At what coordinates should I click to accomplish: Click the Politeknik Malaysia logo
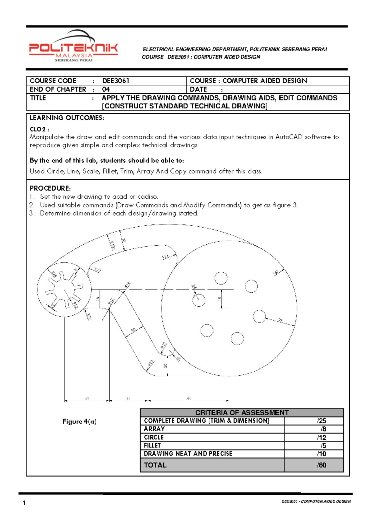click(x=73, y=47)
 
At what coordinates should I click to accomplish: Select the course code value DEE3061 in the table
click(x=115, y=81)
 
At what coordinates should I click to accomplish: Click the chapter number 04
click(x=106, y=89)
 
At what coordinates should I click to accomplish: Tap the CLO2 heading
click(x=39, y=129)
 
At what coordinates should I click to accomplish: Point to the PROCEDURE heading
click(x=50, y=188)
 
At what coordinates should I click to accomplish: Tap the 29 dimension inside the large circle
click(x=280, y=320)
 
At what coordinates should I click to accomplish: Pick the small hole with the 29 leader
click(x=259, y=316)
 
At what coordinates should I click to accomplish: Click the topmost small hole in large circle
click(x=221, y=278)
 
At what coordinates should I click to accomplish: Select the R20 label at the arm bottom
click(x=151, y=363)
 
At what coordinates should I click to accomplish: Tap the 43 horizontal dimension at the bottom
click(x=87, y=398)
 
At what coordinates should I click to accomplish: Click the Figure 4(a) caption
click(x=79, y=422)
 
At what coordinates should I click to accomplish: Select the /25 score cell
click(x=321, y=421)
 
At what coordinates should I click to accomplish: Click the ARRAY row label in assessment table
click(x=154, y=429)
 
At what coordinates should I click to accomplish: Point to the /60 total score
click(x=321, y=465)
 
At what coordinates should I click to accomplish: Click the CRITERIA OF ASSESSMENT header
click(x=242, y=413)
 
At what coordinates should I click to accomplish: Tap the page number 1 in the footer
click(x=24, y=503)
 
